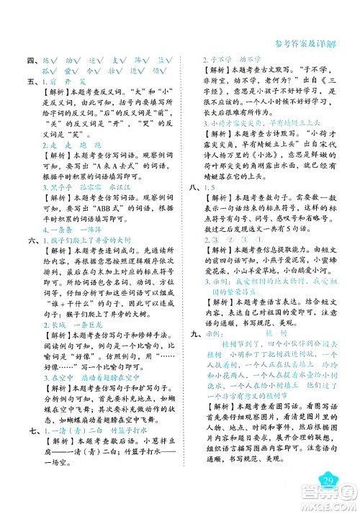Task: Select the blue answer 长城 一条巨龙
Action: click(x=66, y=344)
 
